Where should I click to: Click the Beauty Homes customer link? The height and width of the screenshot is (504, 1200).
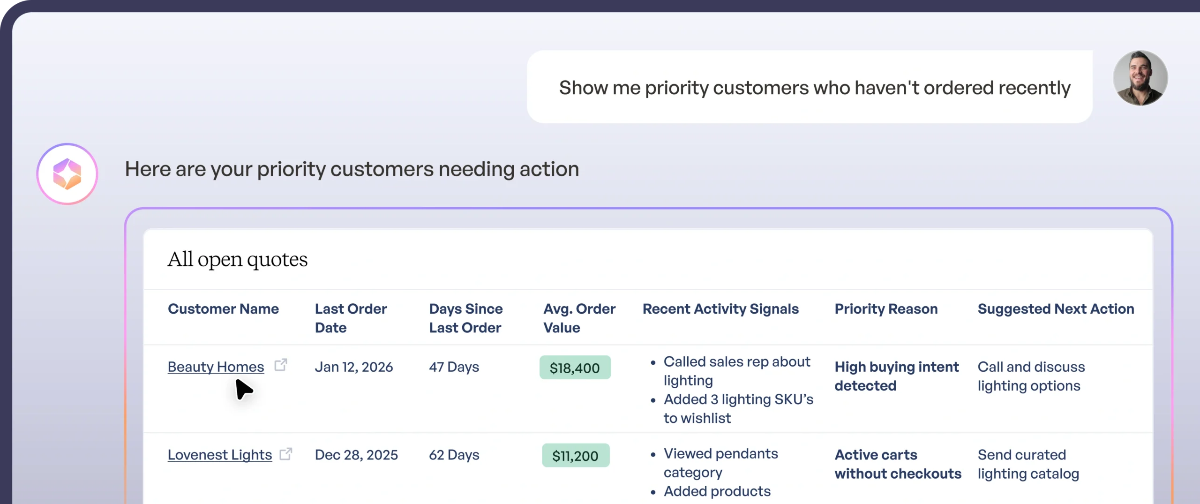point(216,367)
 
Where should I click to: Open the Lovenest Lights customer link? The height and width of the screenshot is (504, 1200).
point(219,455)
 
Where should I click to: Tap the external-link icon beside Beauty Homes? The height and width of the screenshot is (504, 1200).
point(280,365)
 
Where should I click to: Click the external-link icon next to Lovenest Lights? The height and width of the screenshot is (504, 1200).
point(285,454)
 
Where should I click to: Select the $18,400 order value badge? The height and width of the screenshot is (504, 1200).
point(575,368)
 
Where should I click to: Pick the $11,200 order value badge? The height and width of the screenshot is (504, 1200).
point(575,455)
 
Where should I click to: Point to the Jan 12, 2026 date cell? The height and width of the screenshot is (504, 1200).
point(353,367)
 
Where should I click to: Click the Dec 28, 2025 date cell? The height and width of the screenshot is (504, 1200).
point(356,455)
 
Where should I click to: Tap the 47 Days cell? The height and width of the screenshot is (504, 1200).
point(454,367)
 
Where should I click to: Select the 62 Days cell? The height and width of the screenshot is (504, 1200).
point(454,455)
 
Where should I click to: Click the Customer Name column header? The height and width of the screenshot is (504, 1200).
point(223,309)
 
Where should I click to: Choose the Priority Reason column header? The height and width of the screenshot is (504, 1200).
point(886,309)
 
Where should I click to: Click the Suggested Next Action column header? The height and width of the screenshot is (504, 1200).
point(1056,309)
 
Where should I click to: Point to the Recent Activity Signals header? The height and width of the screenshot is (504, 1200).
point(720,309)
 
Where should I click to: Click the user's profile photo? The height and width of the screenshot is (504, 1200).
point(1140,78)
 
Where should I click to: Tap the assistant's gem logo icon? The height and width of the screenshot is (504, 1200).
point(67,174)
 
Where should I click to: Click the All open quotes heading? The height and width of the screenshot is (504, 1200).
point(238,259)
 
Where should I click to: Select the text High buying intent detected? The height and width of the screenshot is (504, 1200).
point(896,376)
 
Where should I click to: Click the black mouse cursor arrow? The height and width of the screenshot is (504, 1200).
point(243,389)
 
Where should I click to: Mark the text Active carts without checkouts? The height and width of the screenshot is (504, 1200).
point(898,464)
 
